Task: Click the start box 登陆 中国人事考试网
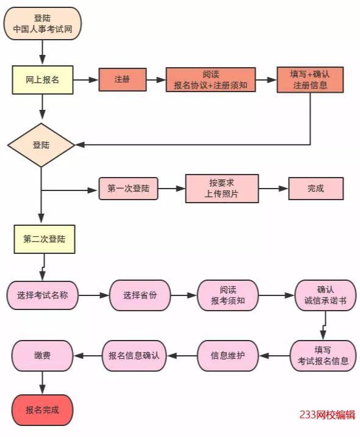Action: [x=42, y=23]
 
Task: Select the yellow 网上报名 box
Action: [x=43, y=80]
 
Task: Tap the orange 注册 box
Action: [x=123, y=80]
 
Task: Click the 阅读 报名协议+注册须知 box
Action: [x=211, y=80]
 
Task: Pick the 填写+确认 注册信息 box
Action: [x=310, y=80]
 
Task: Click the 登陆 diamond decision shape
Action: [x=41, y=145]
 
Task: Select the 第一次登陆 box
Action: [x=128, y=189]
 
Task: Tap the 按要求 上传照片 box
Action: [x=221, y=189]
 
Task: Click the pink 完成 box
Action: [x=315, y=189]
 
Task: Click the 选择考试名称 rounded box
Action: [x=42, y=295]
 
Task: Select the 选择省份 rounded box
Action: [x=140, y=295]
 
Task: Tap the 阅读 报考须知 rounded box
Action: [x=228, y=295]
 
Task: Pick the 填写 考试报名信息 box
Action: [x=323, y=356]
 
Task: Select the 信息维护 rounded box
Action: [x=228, y=356]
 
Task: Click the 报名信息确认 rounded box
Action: [x=134, y=356]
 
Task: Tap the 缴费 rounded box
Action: [x=43, y=356]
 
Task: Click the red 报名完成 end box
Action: [x=42, y=410]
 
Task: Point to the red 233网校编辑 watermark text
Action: [x=327, y=415]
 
